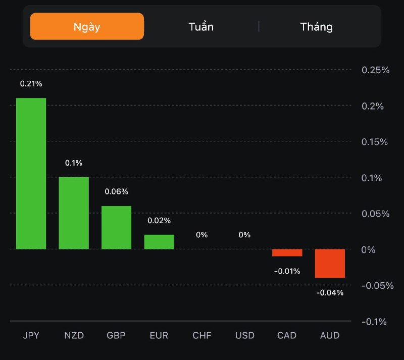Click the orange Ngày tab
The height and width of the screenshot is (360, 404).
pos(87,27)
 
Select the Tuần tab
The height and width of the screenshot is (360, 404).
pos(201,27)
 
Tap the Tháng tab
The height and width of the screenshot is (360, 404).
pos(317,27)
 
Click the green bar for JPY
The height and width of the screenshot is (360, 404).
pos(31,173)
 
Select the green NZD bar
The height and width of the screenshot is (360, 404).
pos(74,213)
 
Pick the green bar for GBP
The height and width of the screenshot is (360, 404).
pos(116,227)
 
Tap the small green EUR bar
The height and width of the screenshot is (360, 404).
pos(159,242)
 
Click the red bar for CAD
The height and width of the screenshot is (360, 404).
pos(287,252)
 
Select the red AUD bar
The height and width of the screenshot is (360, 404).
pos(330,263)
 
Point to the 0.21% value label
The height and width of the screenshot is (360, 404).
pos(31,84)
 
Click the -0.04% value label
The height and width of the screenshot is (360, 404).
pos(330,293)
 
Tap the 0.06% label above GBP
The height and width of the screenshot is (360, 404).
pos(116,192)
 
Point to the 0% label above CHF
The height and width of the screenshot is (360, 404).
pos(202,235)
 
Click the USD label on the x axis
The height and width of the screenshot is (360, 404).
pos(244,336)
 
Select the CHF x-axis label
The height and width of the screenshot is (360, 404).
pos(202,336)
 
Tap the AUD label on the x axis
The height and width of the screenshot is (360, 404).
pos(330,336)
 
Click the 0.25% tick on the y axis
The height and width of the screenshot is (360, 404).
pos(376,70)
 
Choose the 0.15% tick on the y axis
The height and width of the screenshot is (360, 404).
pos(376,142)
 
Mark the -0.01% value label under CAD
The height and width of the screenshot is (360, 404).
pos(287,272)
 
